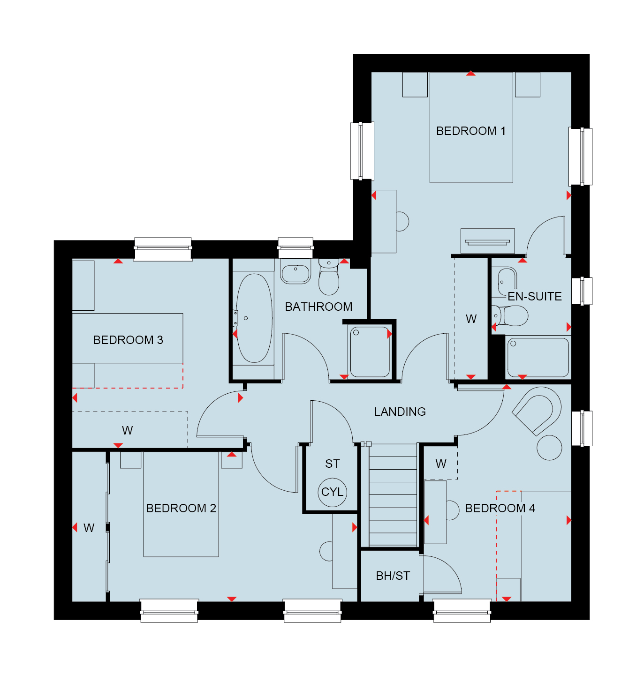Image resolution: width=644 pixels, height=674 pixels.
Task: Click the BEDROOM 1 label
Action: point(470,131)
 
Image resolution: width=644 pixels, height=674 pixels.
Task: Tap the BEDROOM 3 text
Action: point(128,340)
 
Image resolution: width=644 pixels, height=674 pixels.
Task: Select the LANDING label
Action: point(400,412)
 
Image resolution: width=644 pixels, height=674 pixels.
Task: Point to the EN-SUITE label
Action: point(534,297)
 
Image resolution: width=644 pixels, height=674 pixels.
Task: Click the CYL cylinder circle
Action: point(332,492)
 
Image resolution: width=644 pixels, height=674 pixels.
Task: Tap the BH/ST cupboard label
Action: point(393,576)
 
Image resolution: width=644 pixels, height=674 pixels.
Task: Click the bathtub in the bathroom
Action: point(254,318)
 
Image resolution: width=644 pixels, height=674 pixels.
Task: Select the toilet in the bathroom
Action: point(328,277)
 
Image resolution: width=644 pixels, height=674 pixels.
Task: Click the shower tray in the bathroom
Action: point(370,352)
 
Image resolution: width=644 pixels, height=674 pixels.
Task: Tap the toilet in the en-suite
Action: point(509,315)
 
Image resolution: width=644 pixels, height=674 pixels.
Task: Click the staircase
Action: point(393,496)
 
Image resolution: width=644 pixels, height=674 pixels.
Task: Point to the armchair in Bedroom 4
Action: point(537,411)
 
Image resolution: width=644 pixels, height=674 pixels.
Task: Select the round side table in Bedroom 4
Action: point(549,448)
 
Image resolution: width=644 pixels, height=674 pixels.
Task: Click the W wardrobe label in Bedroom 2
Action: point(89,528)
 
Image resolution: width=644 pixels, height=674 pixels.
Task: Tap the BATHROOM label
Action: point(318,307)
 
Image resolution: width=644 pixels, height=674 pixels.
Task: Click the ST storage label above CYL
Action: point(332,464)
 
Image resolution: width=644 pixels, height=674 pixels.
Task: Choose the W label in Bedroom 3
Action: point(127,431)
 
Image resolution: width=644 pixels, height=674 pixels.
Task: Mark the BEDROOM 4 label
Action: point(500,509)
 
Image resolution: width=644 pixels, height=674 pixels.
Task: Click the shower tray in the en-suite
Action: point(538,357)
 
